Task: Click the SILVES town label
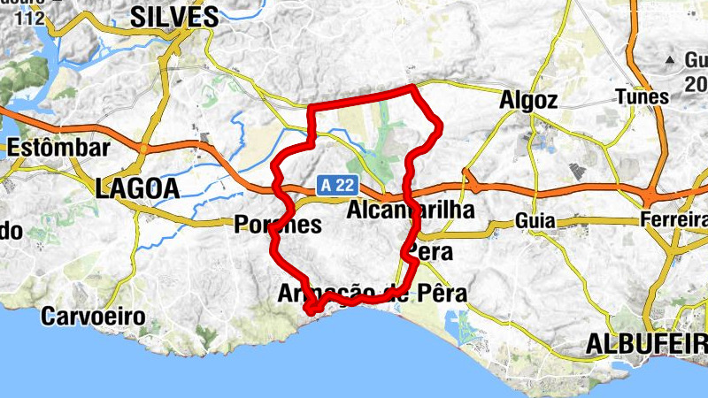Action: click(174, 16)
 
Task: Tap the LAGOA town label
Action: click(137, 188)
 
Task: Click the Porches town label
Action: click(277, 225)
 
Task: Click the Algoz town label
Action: click(527, 101)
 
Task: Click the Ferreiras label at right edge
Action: click(674, 220)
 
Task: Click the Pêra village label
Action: click(430, 252)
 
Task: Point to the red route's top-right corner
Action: click(413, 87)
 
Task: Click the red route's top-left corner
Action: click(309, 109)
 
